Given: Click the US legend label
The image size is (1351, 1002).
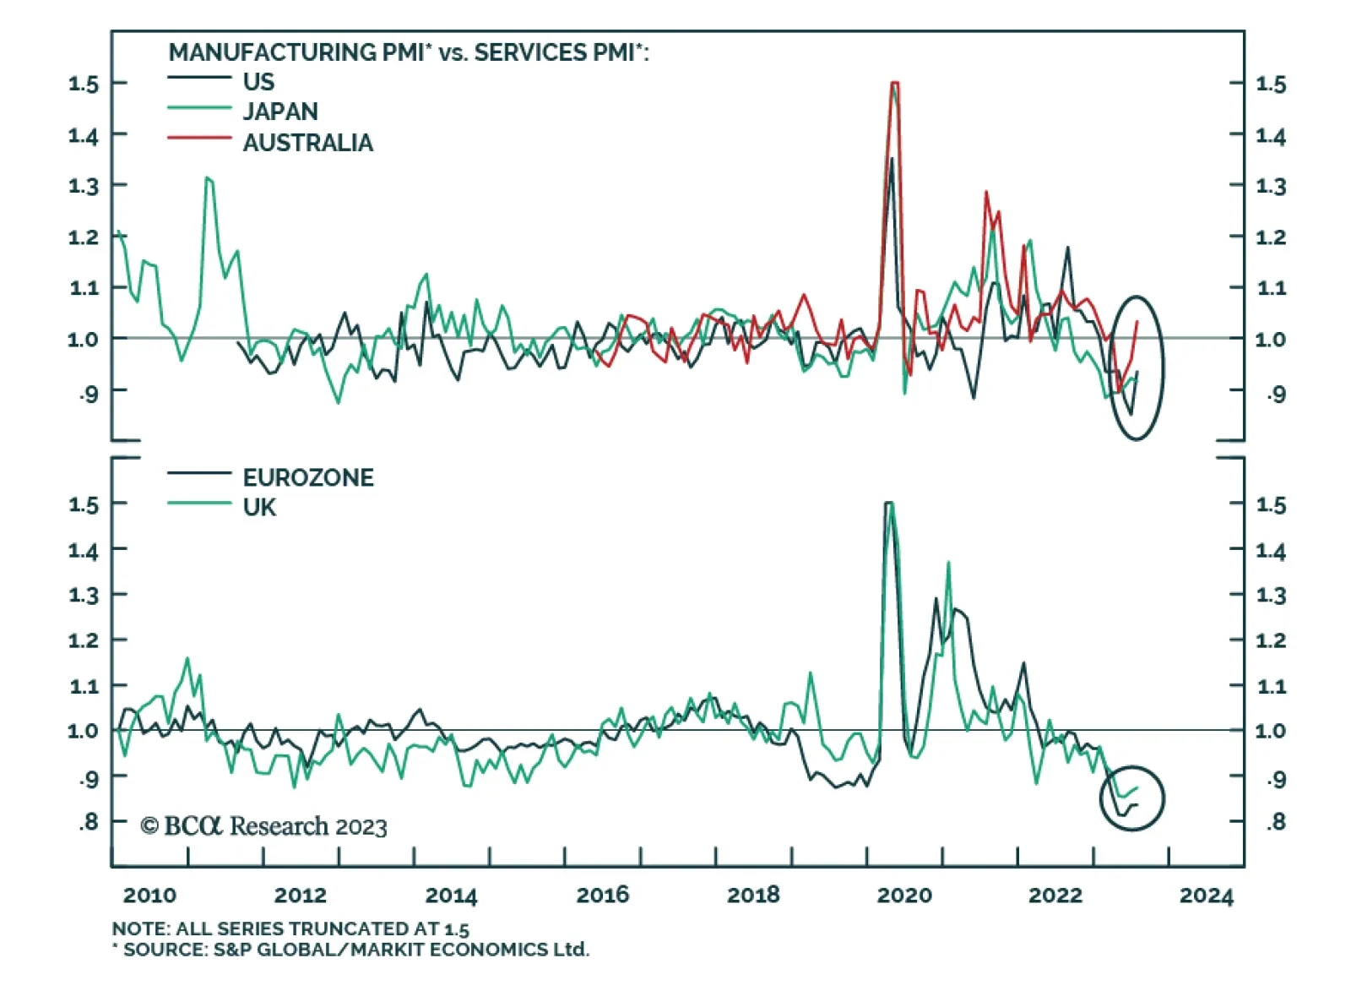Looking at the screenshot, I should [258, 82].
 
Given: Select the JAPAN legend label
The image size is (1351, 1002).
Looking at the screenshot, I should [280, 112].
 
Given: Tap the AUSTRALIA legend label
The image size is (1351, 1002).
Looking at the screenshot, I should [307, 143].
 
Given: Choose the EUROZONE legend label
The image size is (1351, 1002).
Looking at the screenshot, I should [308, 478].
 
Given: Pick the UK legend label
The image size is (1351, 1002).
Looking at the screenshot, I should [259, 508].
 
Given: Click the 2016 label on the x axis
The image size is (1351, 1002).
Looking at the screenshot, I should [602, 896].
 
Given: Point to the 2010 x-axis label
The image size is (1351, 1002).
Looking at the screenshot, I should [149, 896].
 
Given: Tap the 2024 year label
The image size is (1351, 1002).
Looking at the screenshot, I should [1206, 896].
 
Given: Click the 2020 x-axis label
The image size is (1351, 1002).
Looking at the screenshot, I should [903, 896].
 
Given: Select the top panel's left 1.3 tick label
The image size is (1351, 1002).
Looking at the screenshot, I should [84, 186].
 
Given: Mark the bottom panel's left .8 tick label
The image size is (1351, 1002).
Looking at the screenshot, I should [89, 822].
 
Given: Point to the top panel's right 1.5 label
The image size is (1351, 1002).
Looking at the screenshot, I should [1271, 84].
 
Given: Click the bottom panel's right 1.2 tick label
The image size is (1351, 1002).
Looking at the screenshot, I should [1271, 640].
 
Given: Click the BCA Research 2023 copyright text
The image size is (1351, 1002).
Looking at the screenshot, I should [263, 826].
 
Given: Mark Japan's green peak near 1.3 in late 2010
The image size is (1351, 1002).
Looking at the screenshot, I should [207, 178].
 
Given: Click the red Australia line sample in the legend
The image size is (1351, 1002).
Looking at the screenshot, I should [199, 138].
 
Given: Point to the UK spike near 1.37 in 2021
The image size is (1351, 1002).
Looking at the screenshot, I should [948, 562].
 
